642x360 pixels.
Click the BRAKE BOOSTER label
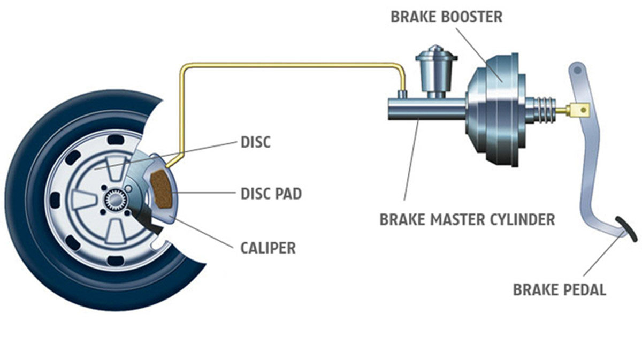447,17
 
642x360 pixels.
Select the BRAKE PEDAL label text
559,290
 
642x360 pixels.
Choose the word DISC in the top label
256,142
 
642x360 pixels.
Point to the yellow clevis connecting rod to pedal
579,110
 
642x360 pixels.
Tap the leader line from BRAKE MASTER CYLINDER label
411,166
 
